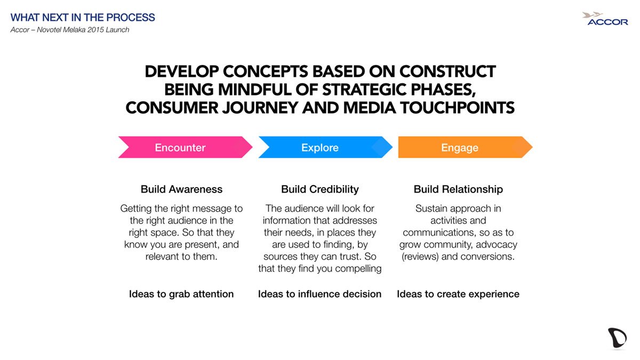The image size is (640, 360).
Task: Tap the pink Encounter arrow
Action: point(185,147)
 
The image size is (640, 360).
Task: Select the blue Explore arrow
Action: point(325,147)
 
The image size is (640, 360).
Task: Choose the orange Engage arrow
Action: point(465,147)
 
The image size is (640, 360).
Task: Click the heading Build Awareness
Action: point(181,189)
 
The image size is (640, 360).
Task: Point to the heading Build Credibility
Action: point(319,189)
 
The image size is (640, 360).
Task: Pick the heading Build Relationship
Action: point(458,189)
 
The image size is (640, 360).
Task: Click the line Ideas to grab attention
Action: point(181,294)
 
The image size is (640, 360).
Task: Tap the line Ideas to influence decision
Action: point(319,294)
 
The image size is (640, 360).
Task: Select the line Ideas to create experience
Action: point(458,294)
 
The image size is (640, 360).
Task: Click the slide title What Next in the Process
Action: point(83,18)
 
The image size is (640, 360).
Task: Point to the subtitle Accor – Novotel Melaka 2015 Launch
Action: point(70,30)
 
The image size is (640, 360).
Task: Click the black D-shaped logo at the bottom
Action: point(617,339)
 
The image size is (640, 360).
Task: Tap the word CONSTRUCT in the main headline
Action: point(447,71)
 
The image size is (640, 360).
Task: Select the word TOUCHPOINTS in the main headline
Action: point(457,108)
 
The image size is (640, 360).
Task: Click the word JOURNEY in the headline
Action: point(260,108)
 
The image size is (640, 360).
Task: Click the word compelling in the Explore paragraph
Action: point(358,269)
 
